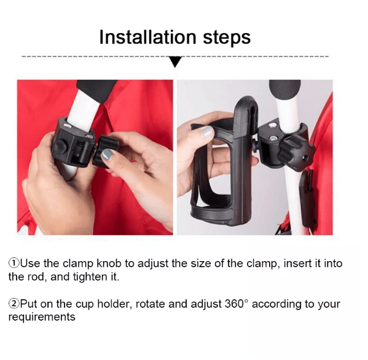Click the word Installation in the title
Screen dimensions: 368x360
(147, 37)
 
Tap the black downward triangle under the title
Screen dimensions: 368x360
(175, 61)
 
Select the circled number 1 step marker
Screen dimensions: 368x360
(14, 264)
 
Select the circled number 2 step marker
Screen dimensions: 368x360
(14, 303)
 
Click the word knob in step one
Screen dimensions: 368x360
(109, 264)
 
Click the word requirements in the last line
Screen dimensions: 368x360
(42, 317)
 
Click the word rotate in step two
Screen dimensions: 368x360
(151, 304)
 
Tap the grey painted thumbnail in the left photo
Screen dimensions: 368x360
(107, 155)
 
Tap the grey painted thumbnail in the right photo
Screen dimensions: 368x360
(208, 131)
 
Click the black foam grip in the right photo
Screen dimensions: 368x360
(285, 89)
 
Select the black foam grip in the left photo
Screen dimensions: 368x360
(97, 90)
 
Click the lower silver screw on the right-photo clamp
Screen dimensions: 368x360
(273, 138)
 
